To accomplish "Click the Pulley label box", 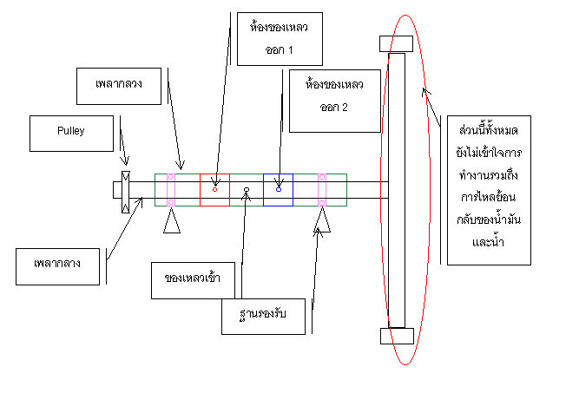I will pos(71,131).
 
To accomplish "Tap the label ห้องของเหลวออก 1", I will pos(279,38).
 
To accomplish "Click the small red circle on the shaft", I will pos(215,188).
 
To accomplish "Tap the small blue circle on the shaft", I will pos(279,188).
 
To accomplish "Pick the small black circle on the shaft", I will pos(247,188).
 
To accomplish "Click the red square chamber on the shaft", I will pos(215,190).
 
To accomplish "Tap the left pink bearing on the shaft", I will pos(171,190).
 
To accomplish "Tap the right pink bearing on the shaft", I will pos(321,190).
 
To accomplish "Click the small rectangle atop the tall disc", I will pos(396,43).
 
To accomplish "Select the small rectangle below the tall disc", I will pos(396,336).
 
